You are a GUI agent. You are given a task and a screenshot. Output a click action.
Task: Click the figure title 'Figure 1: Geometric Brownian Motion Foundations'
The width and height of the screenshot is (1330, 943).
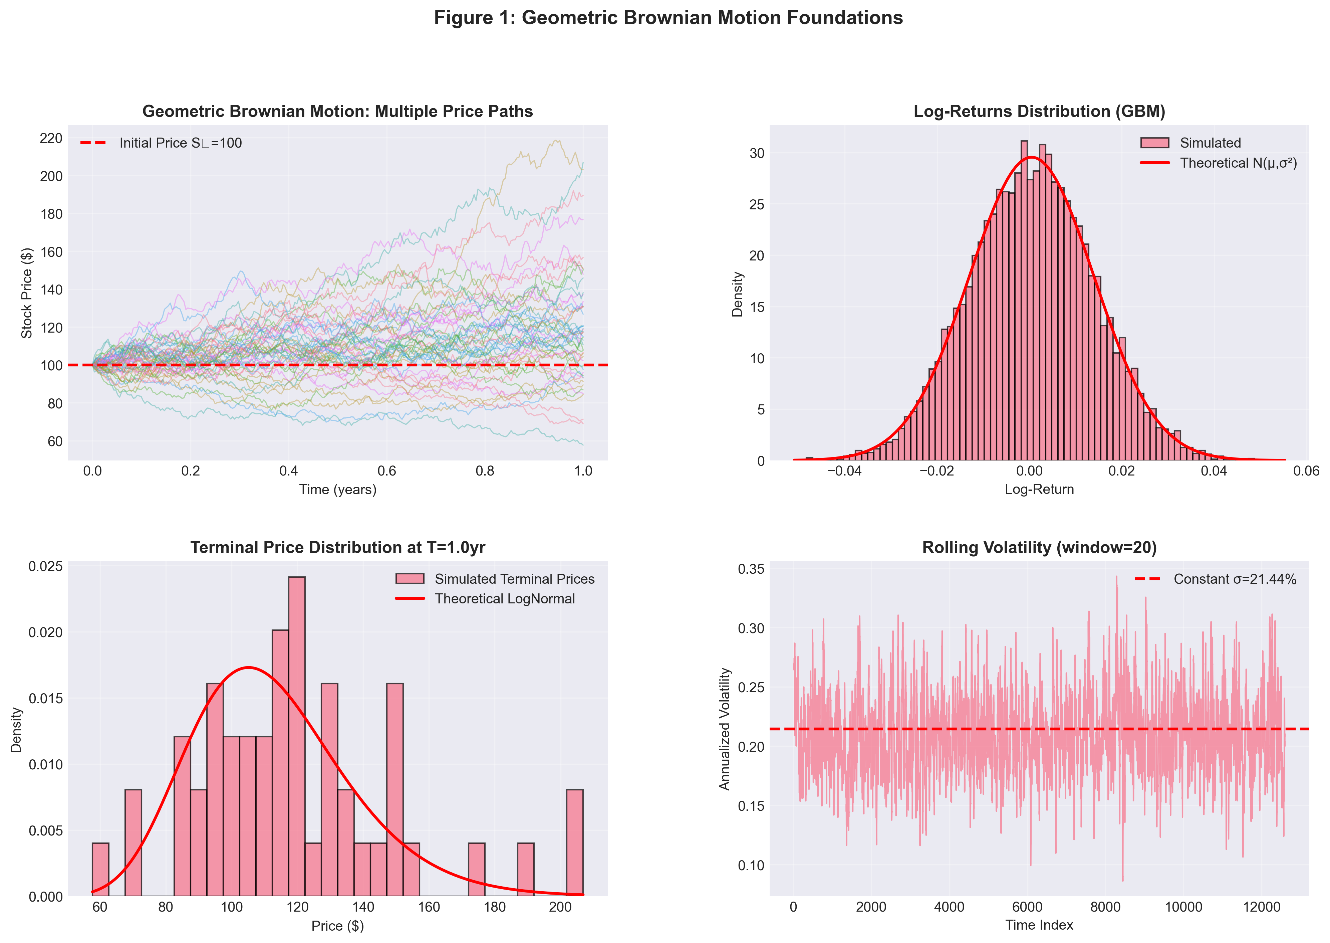[668, 18]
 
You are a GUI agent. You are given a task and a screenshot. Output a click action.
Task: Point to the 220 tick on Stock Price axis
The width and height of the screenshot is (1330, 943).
[51, 138]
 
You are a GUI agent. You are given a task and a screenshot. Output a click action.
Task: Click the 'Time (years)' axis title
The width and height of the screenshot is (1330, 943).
[338, 490]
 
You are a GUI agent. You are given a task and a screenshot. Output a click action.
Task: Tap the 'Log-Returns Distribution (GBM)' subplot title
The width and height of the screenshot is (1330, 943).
[1039, 112]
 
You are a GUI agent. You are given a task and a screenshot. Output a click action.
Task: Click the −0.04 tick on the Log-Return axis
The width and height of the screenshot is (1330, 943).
[844, 471]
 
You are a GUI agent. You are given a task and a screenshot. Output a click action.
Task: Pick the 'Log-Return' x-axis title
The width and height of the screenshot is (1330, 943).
[1039, 490]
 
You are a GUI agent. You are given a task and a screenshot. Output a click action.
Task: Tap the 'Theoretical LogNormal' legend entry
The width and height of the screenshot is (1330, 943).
[504, 599]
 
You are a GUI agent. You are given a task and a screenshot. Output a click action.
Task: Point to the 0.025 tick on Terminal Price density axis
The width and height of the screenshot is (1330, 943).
[46, 566]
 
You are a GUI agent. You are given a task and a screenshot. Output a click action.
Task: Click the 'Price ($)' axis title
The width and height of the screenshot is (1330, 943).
[338, 926]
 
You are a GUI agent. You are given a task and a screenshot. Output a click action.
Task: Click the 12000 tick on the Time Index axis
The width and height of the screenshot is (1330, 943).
[1262, 907]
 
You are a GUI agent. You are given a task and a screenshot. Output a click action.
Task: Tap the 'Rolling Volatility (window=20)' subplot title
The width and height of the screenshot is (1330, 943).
[1039, 548]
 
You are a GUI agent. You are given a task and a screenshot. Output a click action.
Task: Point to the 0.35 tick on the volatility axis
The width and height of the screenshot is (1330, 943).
[751, 569]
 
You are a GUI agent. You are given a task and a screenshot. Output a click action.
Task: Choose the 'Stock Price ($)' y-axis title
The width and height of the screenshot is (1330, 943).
[27, 293]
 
